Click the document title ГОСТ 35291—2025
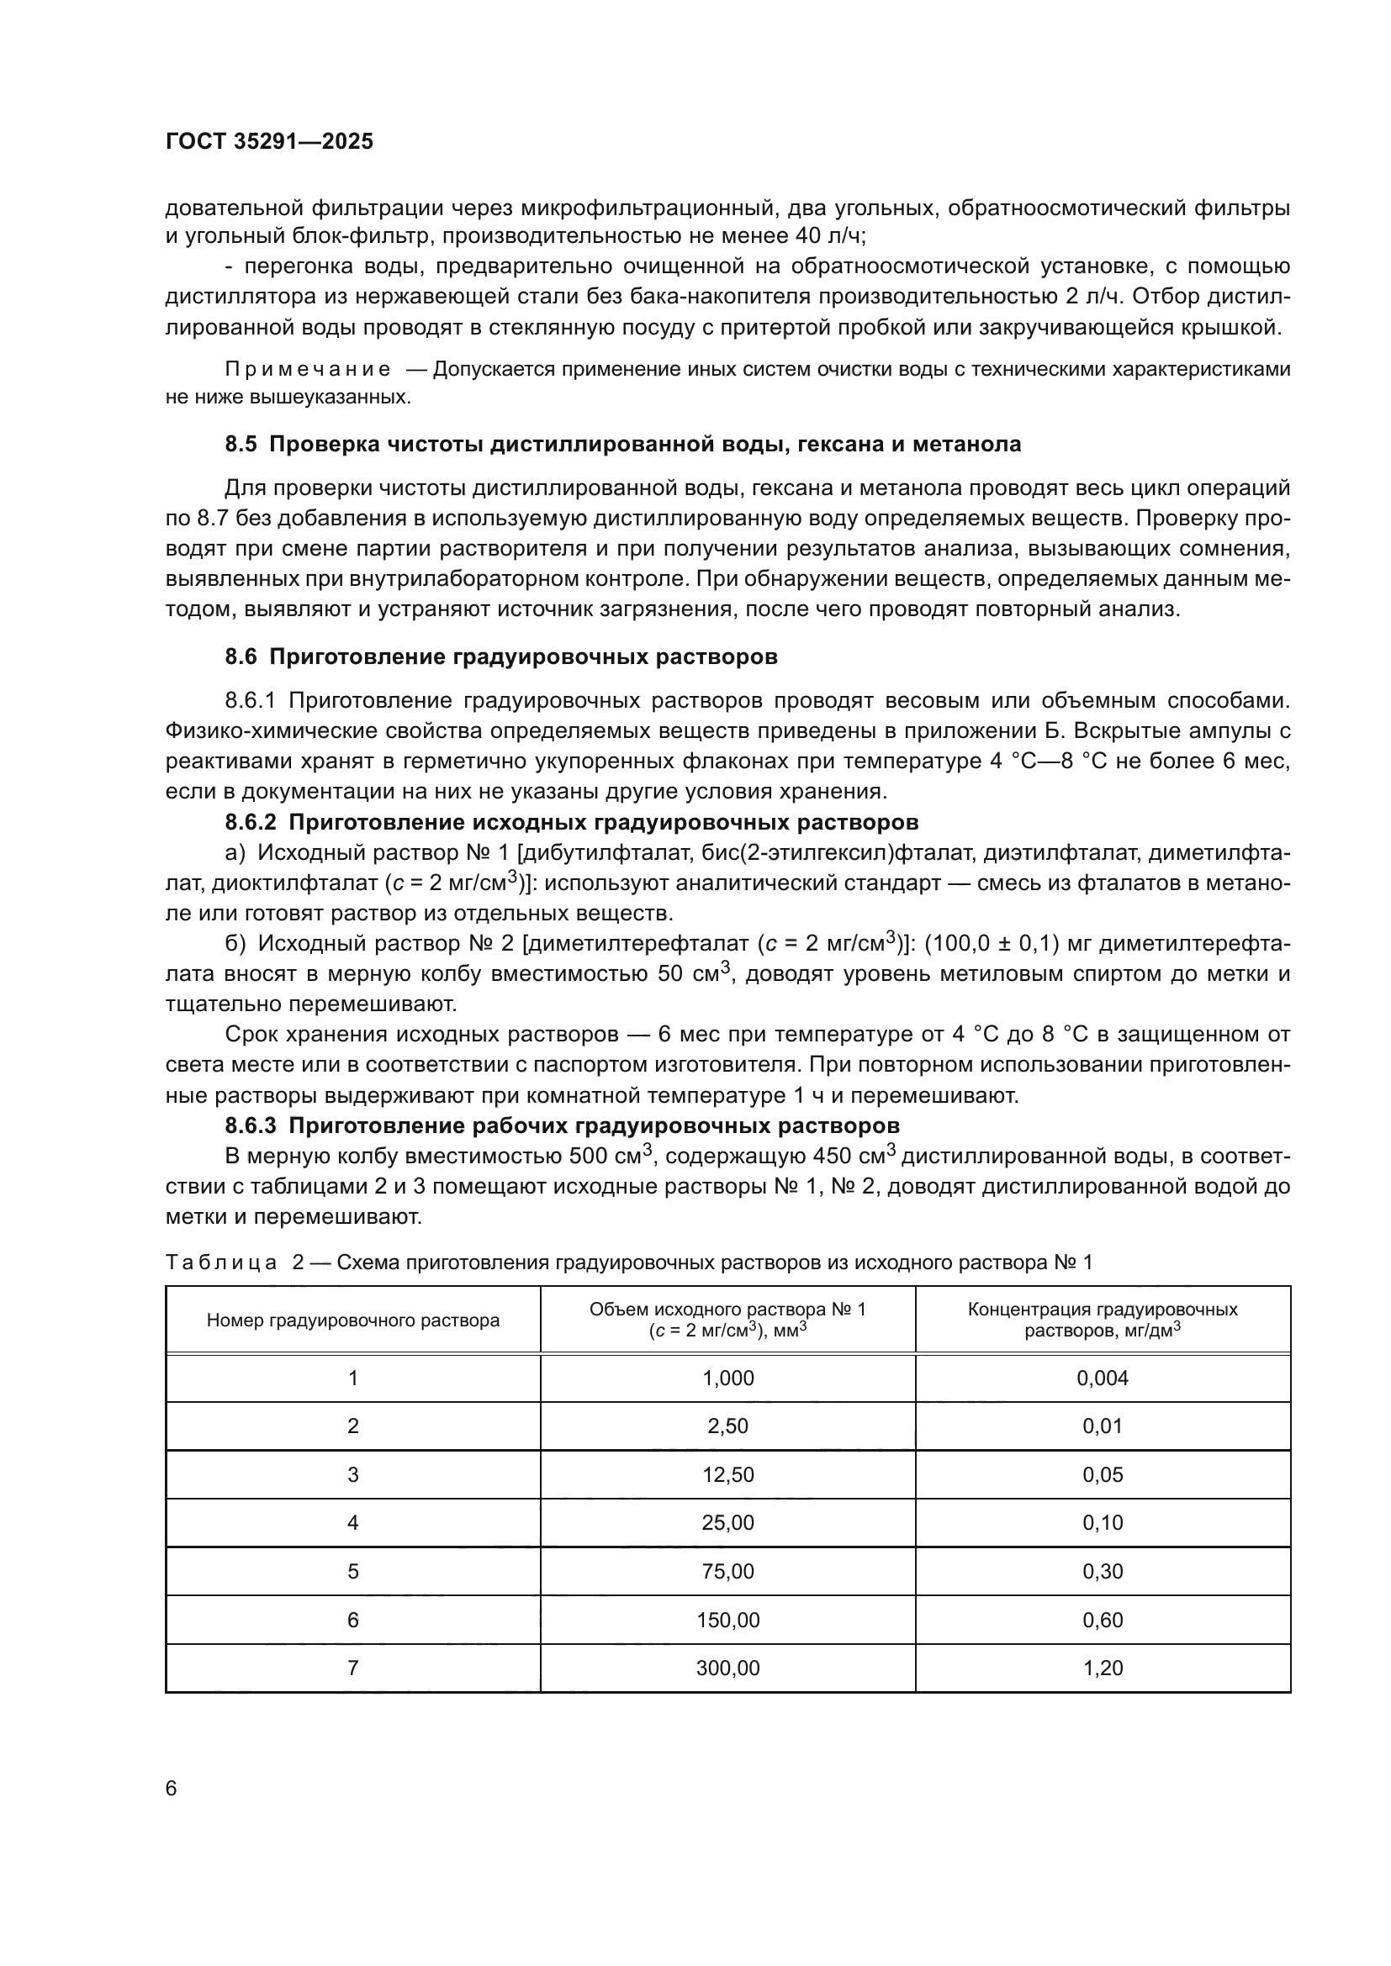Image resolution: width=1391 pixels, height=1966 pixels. click(269, 141)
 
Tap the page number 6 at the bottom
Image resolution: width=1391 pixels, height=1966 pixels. click(172, 1788)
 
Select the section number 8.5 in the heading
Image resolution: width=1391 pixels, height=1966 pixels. click(241, 444)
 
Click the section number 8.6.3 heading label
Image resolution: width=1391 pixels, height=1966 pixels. click(251, 1125)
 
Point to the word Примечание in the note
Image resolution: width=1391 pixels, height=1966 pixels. click(308, 369)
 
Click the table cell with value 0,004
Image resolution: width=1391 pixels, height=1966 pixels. click(1103, 1378)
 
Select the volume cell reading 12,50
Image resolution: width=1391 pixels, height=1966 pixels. click(727, 1474)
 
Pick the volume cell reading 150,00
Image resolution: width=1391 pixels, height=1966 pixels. click(727, 1620)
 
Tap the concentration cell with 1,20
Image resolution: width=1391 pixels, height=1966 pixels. click(1103, 1668)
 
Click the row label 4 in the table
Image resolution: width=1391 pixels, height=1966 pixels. click(353, 1522)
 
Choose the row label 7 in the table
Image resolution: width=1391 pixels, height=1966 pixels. click(353, 1668)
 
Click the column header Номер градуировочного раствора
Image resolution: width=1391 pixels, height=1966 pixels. click(353, 1320)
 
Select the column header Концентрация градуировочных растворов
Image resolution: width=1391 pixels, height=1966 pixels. click(1103, 1320)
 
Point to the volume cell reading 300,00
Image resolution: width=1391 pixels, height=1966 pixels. click(727, 1668)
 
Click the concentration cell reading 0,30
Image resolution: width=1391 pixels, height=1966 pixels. click(1103, 1571)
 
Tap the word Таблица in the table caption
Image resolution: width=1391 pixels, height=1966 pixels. click(221, 1262)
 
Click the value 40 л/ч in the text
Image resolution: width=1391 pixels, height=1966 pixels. click(824, 235)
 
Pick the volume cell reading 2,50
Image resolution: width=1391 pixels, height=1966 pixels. click(727, 1426)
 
